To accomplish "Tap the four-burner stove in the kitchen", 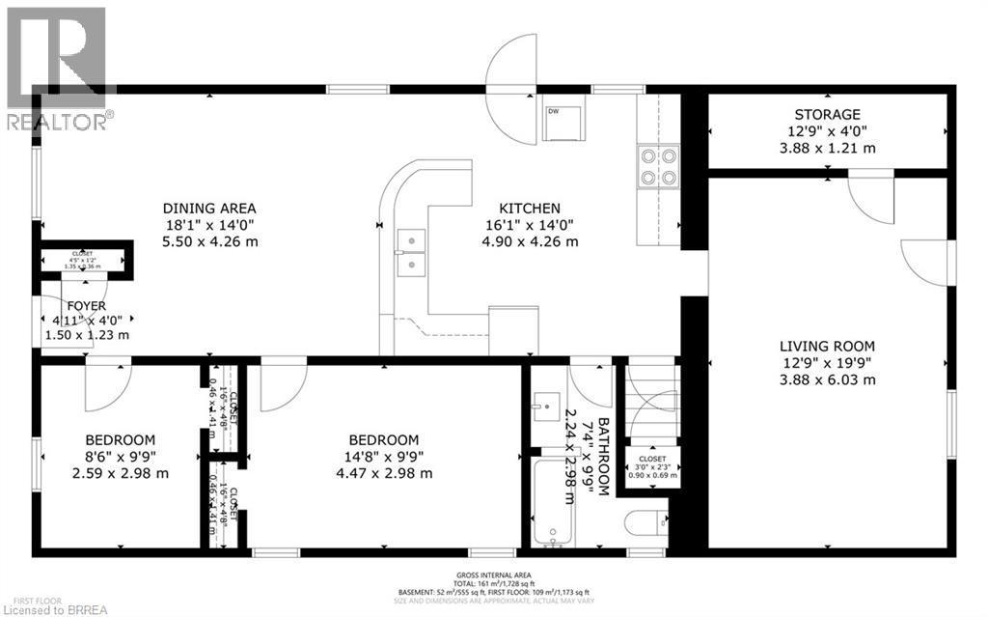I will (x=659, y=165).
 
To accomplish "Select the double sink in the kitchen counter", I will (x=411, y=250).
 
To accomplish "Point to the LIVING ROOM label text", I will (x=828, y=346).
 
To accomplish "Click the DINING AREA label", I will (x=209, y=208).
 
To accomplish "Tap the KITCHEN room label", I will (x=529, y=208).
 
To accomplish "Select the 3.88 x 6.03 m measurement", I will (x=828, y=379).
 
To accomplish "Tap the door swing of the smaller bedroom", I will (x=107, y=384).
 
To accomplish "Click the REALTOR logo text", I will (x=58, y=122).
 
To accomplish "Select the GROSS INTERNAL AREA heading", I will (x=493, y=575).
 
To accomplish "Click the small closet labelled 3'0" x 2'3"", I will (x=653, y=466).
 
